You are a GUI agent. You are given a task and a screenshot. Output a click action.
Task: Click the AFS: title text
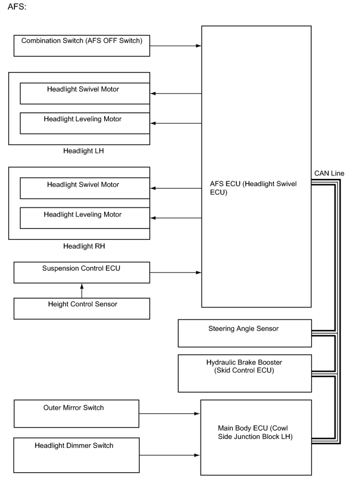click(17, 7)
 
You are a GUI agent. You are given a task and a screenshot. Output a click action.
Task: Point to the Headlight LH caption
click(83, 151)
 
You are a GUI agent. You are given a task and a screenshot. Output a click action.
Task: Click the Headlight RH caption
click(84, 246)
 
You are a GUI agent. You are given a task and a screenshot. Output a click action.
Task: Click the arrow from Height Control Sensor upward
click(82, 291)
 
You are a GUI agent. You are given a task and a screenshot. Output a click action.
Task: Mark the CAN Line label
click(329, 173)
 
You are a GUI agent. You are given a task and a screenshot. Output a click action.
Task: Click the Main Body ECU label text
click(255, 432)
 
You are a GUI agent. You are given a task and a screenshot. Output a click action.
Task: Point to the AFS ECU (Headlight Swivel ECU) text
click(253, 188)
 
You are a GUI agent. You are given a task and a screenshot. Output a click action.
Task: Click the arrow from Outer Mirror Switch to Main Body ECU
click(170, 413)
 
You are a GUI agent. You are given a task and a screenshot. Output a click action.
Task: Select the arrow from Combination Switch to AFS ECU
click(176, 46)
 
